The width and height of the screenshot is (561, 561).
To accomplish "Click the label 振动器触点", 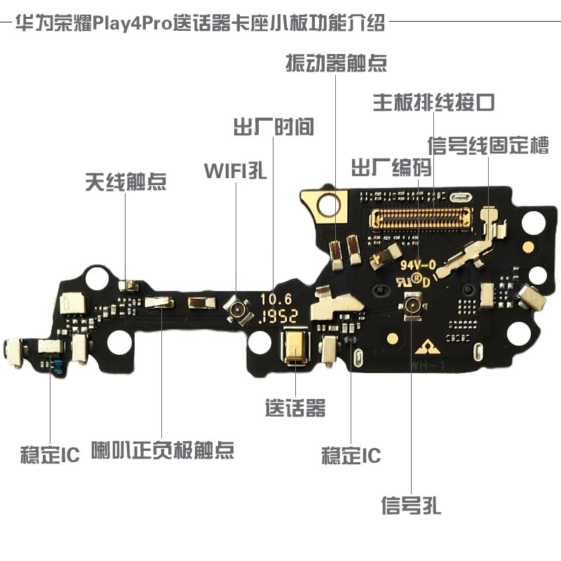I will (x=336, y=63).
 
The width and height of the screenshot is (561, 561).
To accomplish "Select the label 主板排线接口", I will (x=433, y=103).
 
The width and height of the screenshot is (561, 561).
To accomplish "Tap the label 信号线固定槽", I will (x=488, y=145).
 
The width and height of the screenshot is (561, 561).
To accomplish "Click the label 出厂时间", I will (x=273, y=127).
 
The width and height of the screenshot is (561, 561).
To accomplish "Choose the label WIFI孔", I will (x=236, y=170).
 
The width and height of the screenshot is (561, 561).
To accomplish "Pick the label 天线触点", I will (x=126, y=182).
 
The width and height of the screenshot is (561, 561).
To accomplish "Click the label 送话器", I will (x=295, y=407).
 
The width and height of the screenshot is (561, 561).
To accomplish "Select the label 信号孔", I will (x=411, y=505).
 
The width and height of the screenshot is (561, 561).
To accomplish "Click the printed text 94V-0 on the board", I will (x=419, y=265).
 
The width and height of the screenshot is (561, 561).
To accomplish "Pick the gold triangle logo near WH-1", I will (x=425, y=346).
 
